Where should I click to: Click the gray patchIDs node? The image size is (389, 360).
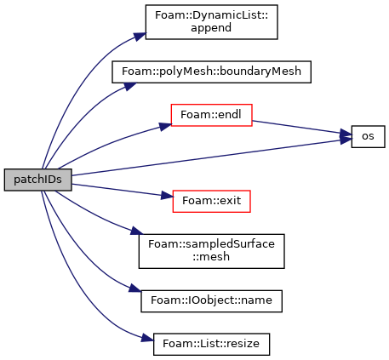click(37, 180)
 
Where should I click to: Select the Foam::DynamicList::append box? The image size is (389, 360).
click(211, 22)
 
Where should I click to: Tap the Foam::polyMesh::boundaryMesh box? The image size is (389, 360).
click(211, 71)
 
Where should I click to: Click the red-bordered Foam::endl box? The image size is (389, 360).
click(211, 115)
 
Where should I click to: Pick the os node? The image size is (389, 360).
click(368, 136)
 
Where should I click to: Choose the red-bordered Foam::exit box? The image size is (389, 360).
click(211, 201)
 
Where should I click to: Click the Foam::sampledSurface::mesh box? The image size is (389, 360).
click(211, 251)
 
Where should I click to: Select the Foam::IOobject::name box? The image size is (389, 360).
click(211, 301)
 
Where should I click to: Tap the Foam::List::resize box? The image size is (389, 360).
click(211, 344)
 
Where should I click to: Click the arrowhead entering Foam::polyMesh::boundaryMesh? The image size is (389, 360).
click(130, 86)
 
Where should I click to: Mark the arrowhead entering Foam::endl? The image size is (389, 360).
click(166, 127)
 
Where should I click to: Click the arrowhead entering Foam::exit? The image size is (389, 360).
click(168, 196)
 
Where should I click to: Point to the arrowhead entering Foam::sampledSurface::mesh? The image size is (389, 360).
click(137, 231)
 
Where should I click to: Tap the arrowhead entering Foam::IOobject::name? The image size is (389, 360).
click(135, 289)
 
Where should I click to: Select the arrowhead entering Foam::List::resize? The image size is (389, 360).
click(147, 338)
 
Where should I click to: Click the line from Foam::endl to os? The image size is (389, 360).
click(301, 128)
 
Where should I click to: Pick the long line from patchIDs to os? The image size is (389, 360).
click(211, 157)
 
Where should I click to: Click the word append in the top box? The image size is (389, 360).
click(211, 28)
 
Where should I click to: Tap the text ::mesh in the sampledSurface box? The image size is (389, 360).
click(211, 257)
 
